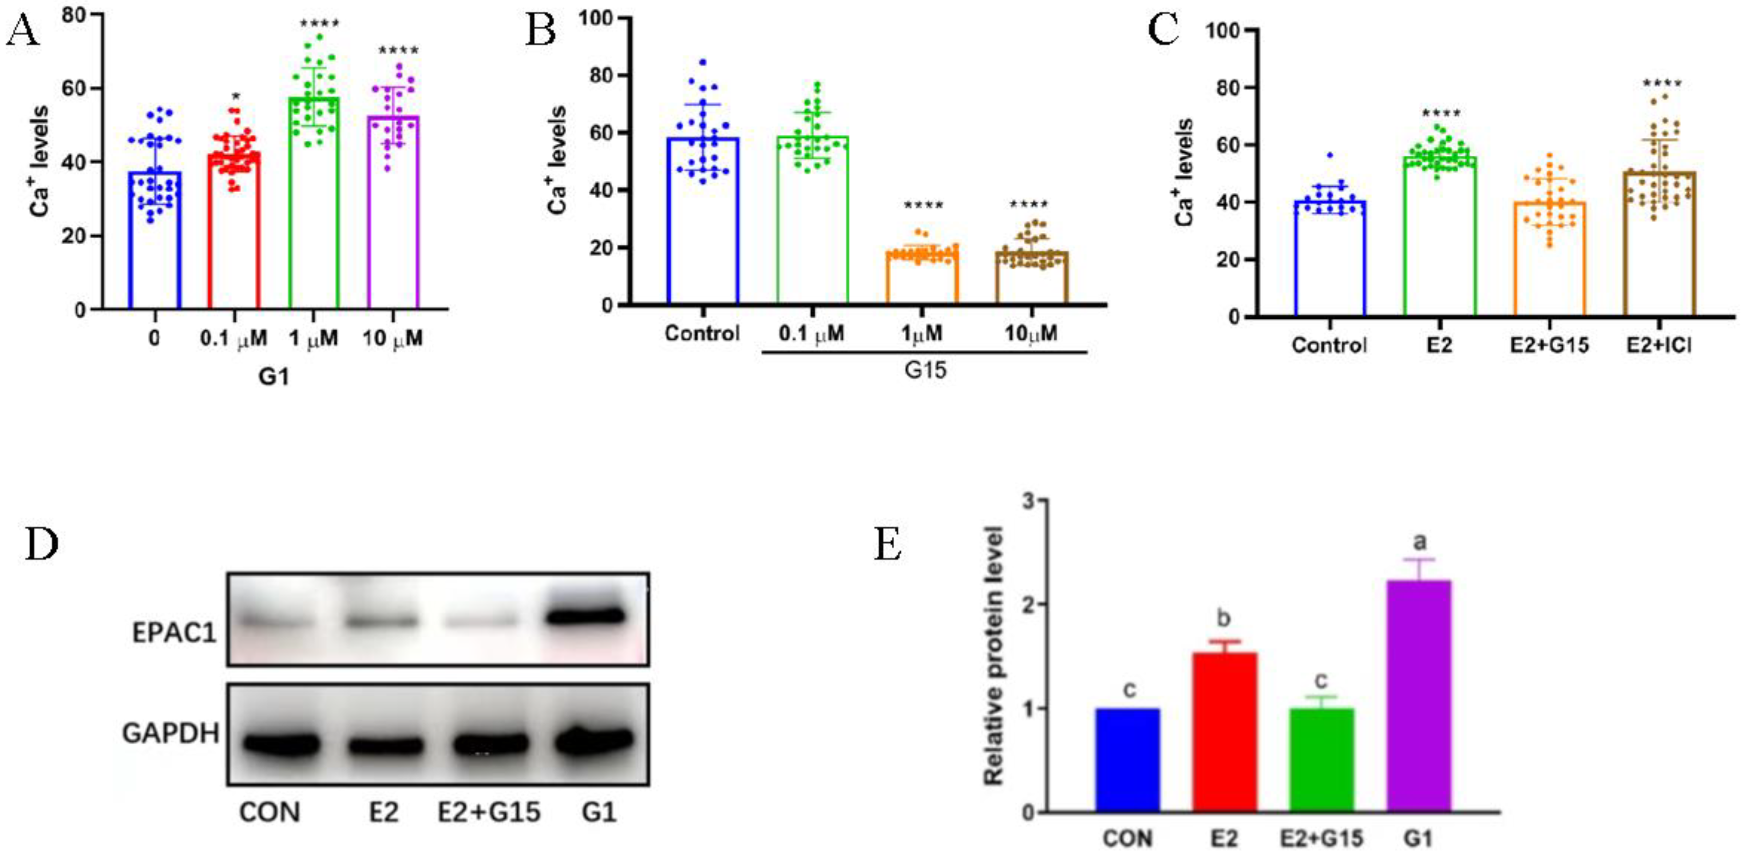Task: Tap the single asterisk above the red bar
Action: [234, 97]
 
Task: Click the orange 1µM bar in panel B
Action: [922, 277]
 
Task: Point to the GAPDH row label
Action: [171, 733]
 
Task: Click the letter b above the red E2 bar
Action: [1223, 618]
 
